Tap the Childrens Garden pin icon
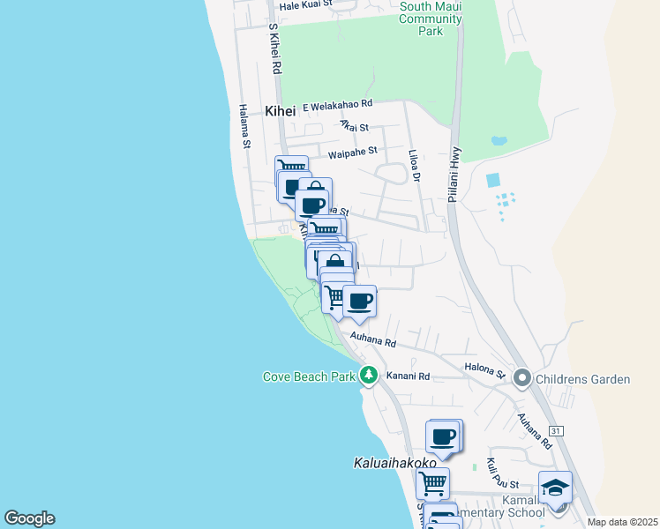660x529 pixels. click(521, 379)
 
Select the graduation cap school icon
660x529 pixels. click(554, 488)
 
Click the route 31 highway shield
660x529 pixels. click(555, 430)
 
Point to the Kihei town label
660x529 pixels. click(280, 111)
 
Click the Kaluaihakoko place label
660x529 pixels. click(395, 462)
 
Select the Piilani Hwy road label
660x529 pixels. click(454, 175)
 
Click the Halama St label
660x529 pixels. click(244, 125)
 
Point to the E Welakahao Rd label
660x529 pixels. click(338, 105)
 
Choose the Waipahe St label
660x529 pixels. click(352, 153)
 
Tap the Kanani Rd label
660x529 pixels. click(411, 376)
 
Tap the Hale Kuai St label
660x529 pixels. click(304, 4)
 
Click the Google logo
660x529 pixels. click(29, 518)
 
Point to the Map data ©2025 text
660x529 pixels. click(622, 522)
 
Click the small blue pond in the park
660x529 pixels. click(499, 140)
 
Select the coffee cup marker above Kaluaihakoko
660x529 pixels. click(444, 436)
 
